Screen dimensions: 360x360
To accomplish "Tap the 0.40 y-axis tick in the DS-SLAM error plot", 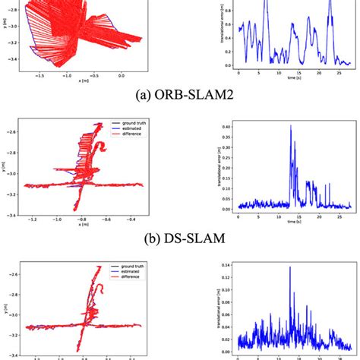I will [225, 126].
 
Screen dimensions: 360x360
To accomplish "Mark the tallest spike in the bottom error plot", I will [289, 267].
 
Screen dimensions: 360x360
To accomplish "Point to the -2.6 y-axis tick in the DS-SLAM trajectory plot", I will [14, 132].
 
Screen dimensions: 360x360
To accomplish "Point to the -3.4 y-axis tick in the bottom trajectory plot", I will [14, 354].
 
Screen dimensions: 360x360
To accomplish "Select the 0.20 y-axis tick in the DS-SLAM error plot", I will [225, 168].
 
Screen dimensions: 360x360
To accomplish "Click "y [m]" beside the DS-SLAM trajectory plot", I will [5, 163].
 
